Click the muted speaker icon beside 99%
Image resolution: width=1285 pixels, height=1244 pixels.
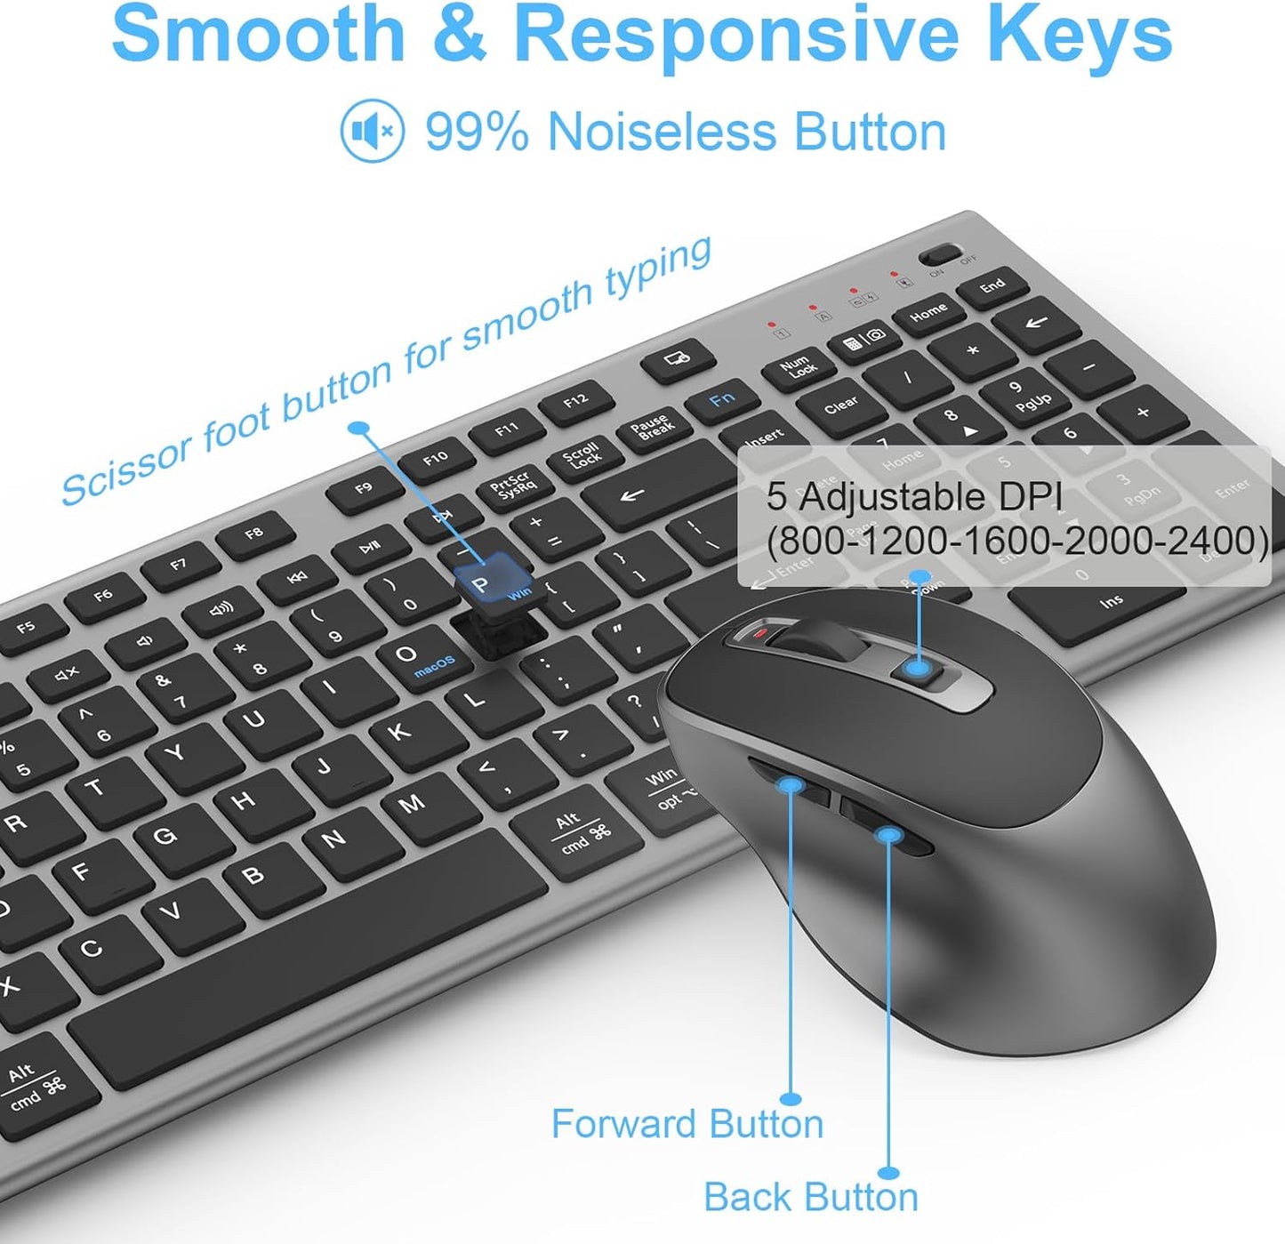point(373,132)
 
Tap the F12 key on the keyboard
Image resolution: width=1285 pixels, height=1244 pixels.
point(576,402)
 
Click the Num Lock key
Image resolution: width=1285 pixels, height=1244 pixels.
point(799,367)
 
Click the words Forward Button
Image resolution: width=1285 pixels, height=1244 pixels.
point(687,1124)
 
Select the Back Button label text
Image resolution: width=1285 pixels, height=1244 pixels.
point(810,1197)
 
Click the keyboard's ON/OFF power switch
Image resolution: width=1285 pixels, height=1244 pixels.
point(938,255)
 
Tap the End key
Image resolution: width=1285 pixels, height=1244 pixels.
point(992,286)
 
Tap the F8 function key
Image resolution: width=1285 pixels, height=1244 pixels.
point(254,534)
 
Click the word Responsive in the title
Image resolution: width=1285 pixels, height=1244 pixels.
point(736,34)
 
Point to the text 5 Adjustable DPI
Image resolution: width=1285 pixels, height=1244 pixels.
point(914,497)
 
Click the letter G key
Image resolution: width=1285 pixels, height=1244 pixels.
point(165,837)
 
